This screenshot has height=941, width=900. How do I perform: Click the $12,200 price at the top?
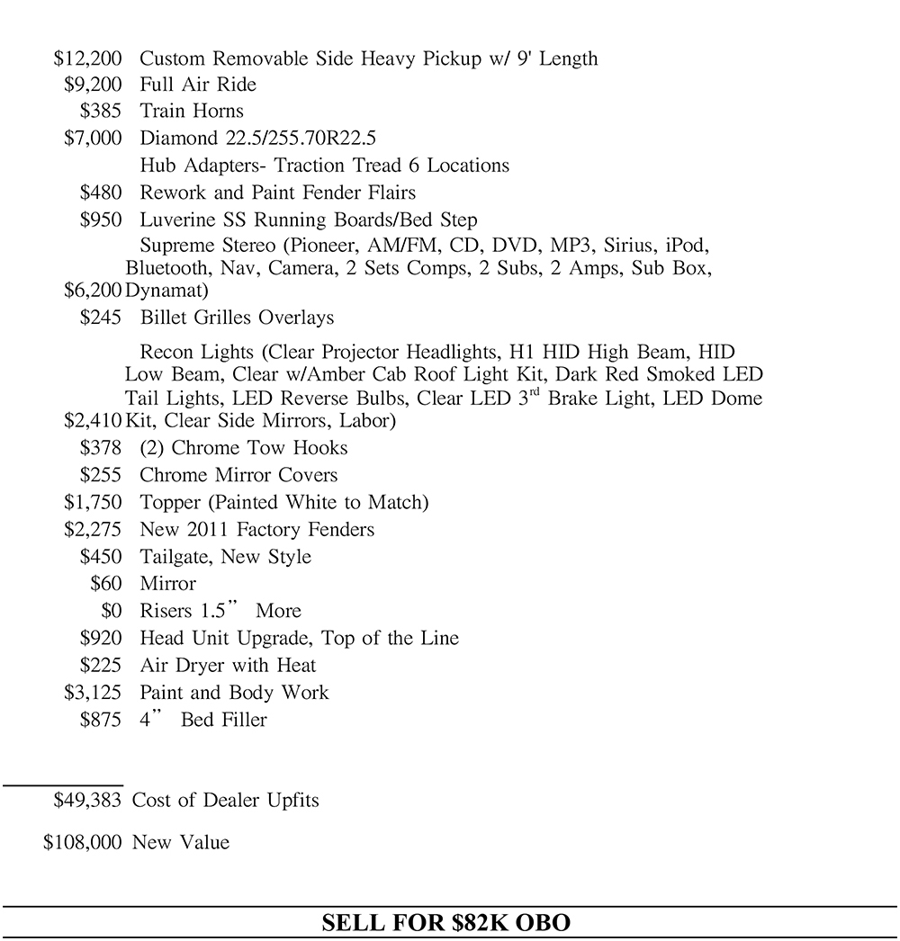[87, 59]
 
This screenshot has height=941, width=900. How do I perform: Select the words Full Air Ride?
[198, 85]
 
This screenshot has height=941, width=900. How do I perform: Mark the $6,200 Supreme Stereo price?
[93, 291]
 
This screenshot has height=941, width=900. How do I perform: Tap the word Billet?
[164, 318]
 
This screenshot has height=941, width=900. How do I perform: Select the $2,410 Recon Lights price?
[93, 420]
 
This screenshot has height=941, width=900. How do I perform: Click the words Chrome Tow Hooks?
[259, 448]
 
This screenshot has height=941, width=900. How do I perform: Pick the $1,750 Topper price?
[93, 502]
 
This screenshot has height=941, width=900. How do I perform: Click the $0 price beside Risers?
[111, 611]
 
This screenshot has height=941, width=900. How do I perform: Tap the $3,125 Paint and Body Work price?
[93, 693]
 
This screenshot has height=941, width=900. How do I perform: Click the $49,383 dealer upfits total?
[87, 800]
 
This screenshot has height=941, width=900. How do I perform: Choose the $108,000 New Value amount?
[83, 843]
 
